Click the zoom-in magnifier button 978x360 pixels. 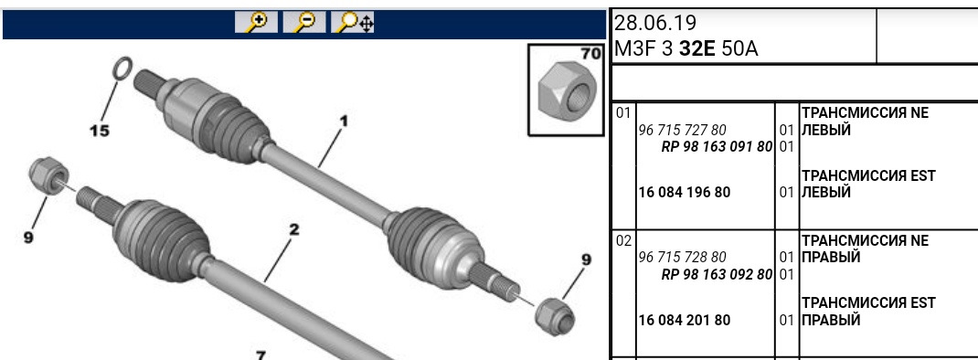[x=256, y=22]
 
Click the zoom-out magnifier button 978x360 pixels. [x=305, y=22]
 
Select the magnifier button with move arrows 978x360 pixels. [x=353, y=22]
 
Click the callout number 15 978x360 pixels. [x=99, y=131]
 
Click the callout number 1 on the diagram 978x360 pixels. [x=343, y=121]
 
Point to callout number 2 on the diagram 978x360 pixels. [x=293, y=229]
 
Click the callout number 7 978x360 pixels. [x=260, y=355]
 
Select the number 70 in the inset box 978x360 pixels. [x=590, y=53]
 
